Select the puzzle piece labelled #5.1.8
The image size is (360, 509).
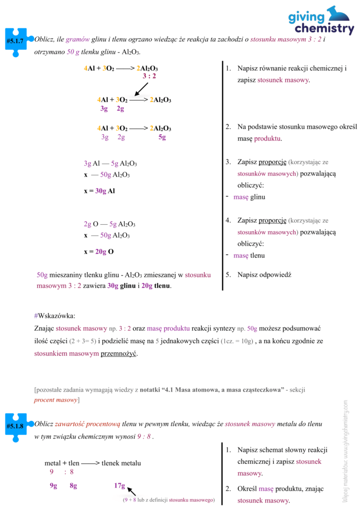tap(15, 426)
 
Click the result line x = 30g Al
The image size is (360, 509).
tap(99, 191)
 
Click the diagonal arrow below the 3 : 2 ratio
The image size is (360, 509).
tap(141, 88)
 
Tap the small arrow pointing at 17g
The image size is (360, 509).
tap(132, 491)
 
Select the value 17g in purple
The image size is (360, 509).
tap(119, 486)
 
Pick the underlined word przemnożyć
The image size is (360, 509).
tap(118, 354)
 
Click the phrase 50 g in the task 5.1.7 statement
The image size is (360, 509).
tap(73, 52)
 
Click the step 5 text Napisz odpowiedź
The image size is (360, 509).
tap(264, 274)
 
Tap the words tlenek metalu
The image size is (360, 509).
tap(121, 463)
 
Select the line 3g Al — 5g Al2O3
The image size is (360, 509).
tap(110, 164)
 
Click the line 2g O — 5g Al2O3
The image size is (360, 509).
tap(110, 224)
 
